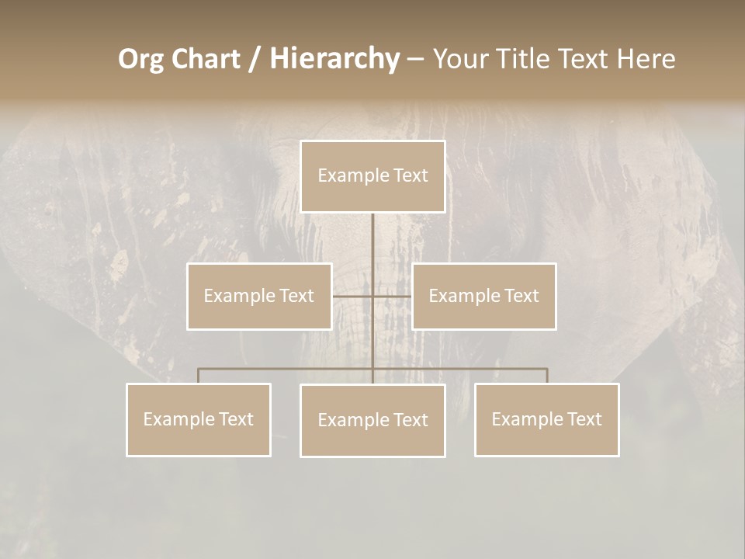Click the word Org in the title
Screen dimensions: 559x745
[140, 60]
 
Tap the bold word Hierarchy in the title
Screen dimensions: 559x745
[334, 60]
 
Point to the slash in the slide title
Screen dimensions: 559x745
[255, 60]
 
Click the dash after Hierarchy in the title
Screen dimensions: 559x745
[415, 60]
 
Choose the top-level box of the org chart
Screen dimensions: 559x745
[372, 176]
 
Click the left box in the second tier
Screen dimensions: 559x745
[259, 297]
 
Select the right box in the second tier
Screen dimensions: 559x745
[484, 297]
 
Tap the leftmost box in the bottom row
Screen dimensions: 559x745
[199, 420]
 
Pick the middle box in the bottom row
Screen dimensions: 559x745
[372, 421]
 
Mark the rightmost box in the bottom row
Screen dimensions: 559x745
[547, 420]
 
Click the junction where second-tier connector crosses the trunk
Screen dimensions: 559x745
[372, 297]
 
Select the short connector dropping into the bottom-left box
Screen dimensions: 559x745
[199, 376]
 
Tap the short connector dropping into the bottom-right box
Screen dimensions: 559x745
[547, 376]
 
